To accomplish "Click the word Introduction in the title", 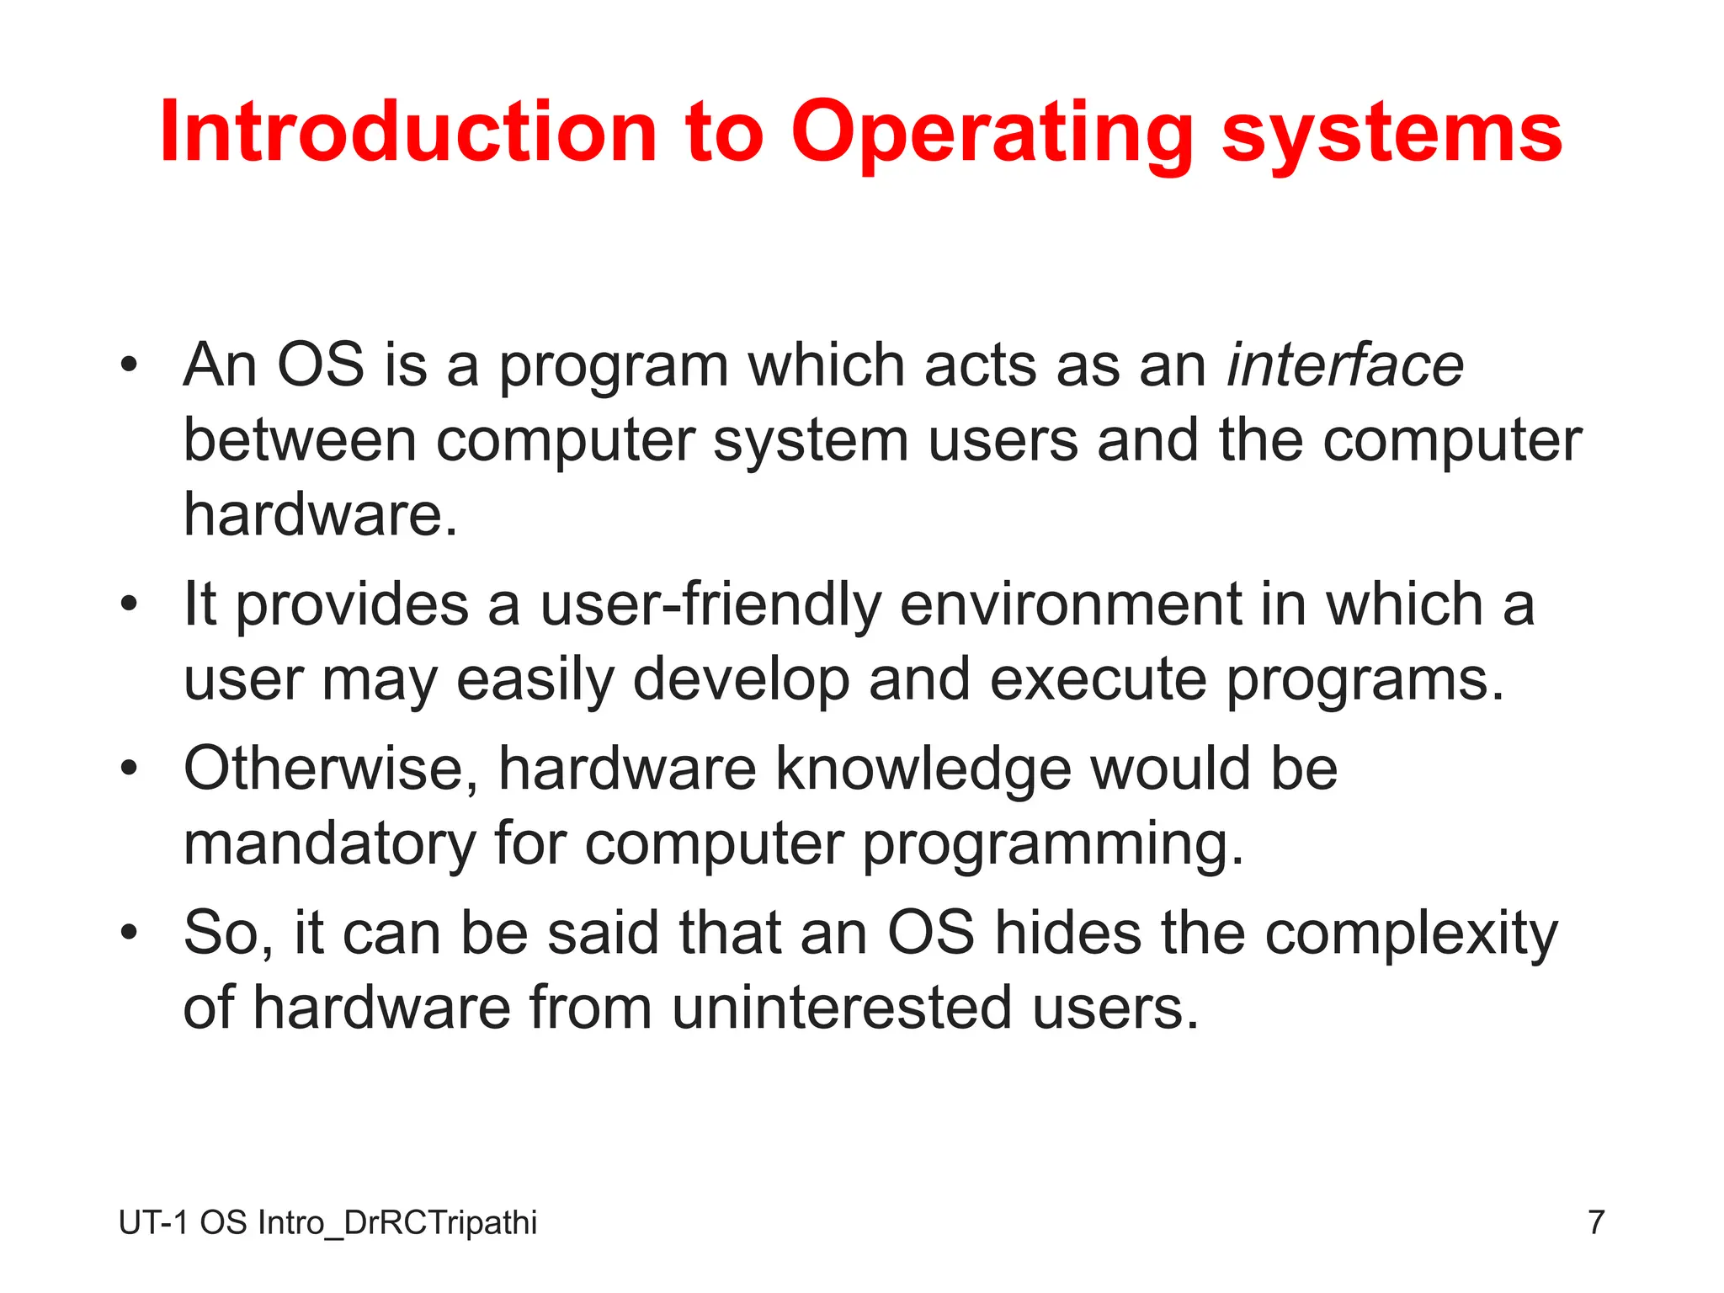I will point(408,132).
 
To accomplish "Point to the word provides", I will point(351,606).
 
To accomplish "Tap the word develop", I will point(741,680).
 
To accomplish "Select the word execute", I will point(1098,679).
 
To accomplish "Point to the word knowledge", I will point(922,770).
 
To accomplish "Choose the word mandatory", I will point(329,843).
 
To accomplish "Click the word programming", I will point(1052,845).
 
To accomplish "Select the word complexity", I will point(1411,934).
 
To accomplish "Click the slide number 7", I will point(1596,1222).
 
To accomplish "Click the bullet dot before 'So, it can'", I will point(128,933).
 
